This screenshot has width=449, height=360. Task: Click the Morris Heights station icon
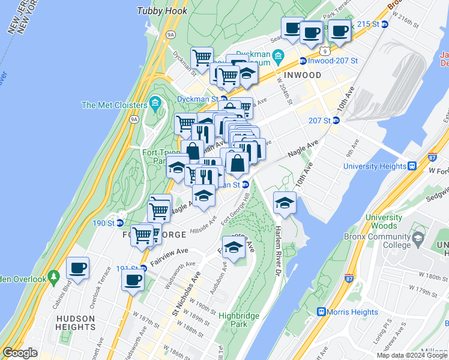tap(321, 312)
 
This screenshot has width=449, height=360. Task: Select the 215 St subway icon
tap(385, 24)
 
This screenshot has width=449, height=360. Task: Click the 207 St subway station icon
tap(336, 121)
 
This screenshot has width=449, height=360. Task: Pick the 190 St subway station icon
tap(119, 223)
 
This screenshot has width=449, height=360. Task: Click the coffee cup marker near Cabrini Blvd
tap(77, 268)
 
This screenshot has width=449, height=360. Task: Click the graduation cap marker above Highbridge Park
tap(234, 247)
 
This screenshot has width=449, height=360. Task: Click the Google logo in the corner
tap(20, 353)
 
